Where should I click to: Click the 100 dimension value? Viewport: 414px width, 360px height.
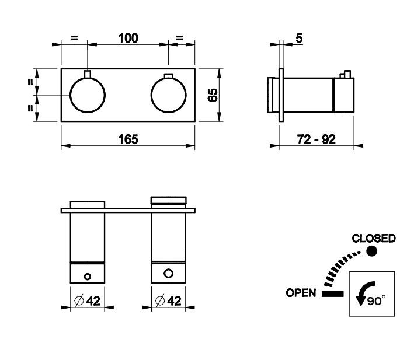tap(128, 39)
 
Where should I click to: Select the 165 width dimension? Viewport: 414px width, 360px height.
tap(128, 139)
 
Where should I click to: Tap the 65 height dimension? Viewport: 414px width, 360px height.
tap(213, 95)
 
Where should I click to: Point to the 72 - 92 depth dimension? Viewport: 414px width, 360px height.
tap(315, 139)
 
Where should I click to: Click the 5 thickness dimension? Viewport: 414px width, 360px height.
tap(299, 39)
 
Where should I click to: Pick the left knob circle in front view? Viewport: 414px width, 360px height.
tap(87, 95)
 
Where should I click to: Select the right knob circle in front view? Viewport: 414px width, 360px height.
tap(168, 95)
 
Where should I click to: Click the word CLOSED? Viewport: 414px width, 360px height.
tap(374, 239)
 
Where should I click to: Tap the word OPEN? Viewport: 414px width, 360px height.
tap(301, 293)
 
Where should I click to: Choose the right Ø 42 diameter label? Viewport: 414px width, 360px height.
tap(169, 301)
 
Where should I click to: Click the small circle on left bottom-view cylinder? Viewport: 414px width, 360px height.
tap(88, 275)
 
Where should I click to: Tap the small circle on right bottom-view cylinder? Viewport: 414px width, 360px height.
tap(168, 272)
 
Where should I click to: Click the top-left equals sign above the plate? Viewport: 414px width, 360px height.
tap(74, 39)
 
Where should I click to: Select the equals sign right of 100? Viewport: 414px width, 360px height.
tap(180, 39)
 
